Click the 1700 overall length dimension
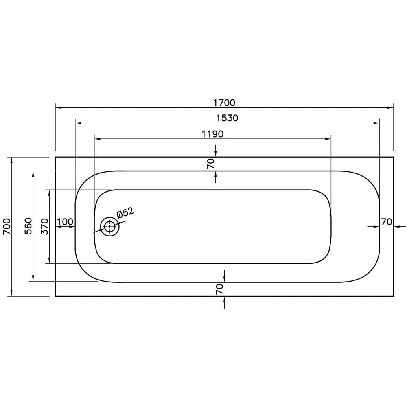[224, 103]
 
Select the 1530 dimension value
[227, 118]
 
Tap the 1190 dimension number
[212, 134]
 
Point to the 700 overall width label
[6, 226]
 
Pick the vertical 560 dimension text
[28, 226]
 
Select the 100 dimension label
[65, 222]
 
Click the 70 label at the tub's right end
[386, 222]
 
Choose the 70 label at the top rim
[210, 164]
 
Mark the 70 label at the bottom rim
[220, 289]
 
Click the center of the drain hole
[109, 227]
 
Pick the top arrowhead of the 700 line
[12, 160]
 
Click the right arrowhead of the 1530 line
[377, 123]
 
